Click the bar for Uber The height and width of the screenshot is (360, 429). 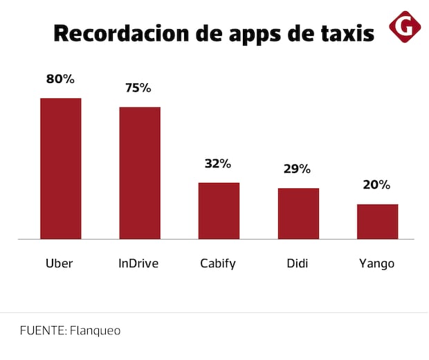point(61,168)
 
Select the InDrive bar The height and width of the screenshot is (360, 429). point(140,173)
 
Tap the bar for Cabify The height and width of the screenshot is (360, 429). point(219,210)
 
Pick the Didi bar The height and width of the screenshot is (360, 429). point(298,213)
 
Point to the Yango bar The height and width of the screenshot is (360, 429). point(378,222)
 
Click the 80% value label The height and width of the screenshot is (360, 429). point(60,79)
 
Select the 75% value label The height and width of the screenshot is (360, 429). point(138,88)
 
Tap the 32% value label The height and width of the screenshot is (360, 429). point(218,164)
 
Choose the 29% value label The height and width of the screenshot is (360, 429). point(298,169)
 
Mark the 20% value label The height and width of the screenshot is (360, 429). point(377,185)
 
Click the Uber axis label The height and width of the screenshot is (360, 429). point(59,264)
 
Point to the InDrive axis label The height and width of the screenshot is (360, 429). point(139,264)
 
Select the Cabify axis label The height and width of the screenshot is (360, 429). point(218,264)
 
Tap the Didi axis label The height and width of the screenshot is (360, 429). point(298,264)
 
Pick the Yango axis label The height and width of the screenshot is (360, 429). point(377,264)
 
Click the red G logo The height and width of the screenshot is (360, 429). point(405,26)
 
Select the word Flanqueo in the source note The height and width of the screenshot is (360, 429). point(95,331)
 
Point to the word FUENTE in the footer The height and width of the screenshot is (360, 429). point(42,331)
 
